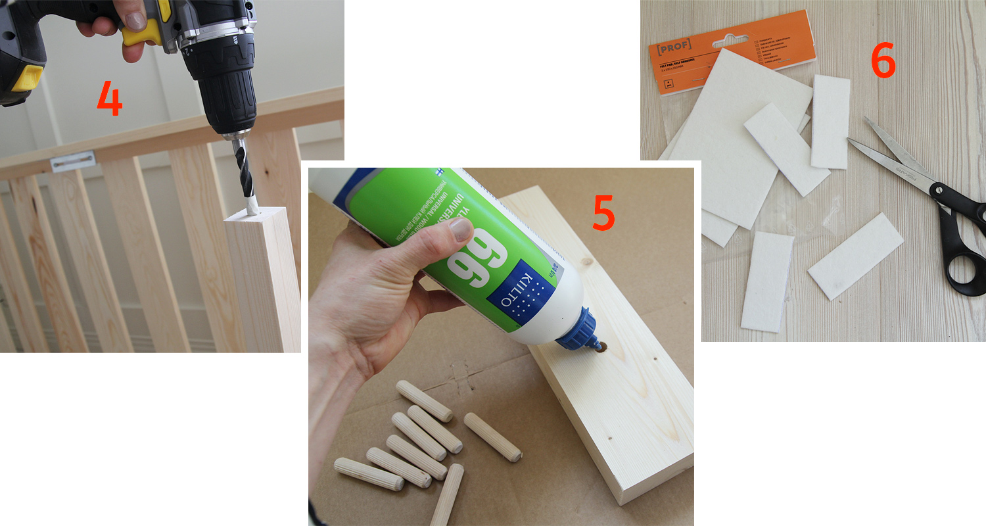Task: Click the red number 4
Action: click(x=109, y=99)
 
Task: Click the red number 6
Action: click(x=883, y=62)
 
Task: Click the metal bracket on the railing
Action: click(x=73, y=160)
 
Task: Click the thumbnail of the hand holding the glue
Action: click(x=460, y=229)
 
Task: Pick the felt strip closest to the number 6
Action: click(x=830, y=122)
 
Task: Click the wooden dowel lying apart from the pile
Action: click(x=492, y=437)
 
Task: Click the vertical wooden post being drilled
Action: click(x=263, y=283)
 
